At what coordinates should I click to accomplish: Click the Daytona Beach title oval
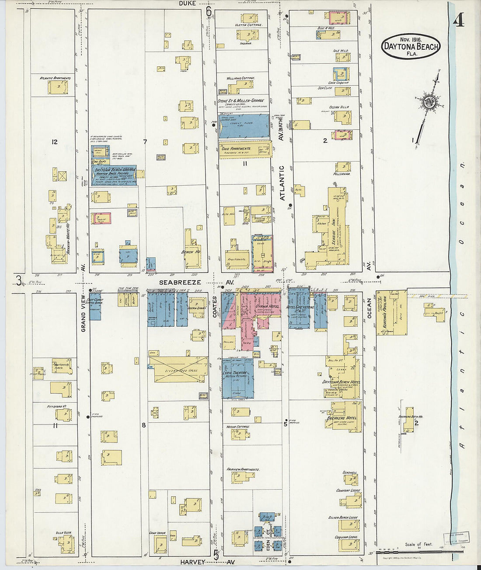coord(411,46)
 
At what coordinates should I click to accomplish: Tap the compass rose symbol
coord(429,103)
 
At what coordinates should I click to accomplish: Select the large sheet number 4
coord(458,20)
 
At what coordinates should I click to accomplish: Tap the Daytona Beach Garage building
coord(114,176)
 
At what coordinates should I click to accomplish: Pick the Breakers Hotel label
coord(342,418)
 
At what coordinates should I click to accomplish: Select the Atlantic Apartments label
coord(55,79)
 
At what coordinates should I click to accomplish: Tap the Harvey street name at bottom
coord(192,563)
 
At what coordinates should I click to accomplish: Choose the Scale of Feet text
coord(418,544)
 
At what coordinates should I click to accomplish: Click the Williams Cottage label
coord(240,78)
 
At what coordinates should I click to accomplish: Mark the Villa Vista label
coord(63,533)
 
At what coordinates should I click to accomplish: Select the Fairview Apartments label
coord(243,470)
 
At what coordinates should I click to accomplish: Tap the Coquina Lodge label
coord(346,537)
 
